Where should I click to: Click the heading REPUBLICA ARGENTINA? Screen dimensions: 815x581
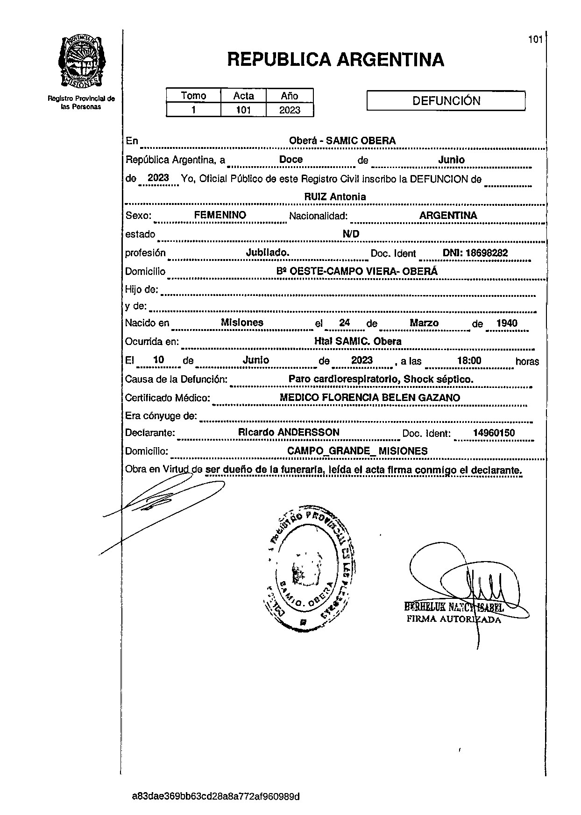pos(335,60)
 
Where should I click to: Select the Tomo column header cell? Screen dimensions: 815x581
pos(193,96)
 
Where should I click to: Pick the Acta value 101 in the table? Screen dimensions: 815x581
pos(243,110)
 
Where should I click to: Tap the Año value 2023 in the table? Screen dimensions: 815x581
pos(289,110)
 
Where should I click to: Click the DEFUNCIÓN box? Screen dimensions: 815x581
pos(446,101)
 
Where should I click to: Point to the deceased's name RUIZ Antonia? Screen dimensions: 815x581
pos(335,197)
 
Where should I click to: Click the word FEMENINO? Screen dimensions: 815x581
pos(220,215)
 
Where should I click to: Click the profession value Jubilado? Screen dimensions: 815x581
pos(268,253)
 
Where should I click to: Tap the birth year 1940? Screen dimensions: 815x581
pos(507,323)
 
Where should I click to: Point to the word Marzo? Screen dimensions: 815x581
pos(424,323)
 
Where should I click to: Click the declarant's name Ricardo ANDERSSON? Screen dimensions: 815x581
pos(289,432)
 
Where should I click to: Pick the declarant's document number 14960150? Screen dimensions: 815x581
pos(494,433)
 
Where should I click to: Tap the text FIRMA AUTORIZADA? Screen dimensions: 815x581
pos(453,619)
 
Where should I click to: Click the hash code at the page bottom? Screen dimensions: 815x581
pos(216,796)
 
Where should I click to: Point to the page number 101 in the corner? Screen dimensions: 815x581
pos(535,40)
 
